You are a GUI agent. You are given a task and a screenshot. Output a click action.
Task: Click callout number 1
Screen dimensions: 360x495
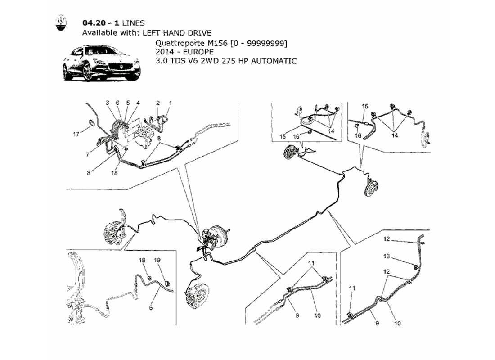[170, 103]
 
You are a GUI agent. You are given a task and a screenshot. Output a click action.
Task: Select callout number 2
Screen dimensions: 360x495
[158, 103]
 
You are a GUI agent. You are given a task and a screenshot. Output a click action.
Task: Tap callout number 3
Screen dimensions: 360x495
[108, 103]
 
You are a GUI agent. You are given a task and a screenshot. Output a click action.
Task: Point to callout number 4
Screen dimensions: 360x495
[138, 103]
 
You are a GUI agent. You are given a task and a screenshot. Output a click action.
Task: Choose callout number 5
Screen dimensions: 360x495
[128, 103]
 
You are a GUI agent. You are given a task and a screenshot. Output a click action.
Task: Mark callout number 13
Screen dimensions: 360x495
[386, 257]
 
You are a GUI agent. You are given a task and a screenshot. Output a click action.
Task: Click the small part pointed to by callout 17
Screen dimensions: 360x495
[90, 122]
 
